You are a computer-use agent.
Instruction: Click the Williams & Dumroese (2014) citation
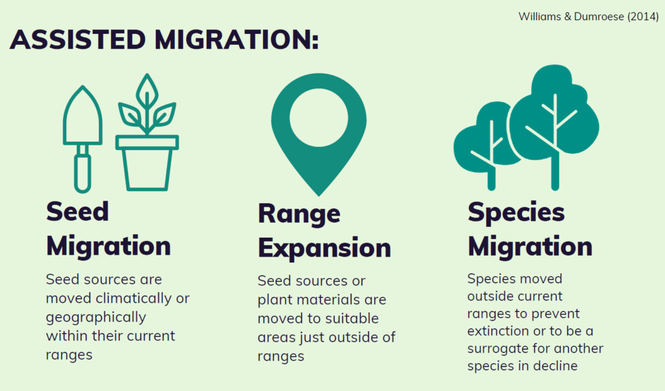pyautogui.click(x=588, y=16)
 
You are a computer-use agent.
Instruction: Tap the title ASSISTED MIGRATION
pyautogui.click(x=164, y=40)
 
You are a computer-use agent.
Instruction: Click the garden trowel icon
pyautogui.click(x=82, y=139)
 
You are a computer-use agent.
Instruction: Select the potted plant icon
pyautogui.click(x=147, y=132)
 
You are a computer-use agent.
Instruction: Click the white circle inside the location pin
pyautogui.click(x=319, y=118)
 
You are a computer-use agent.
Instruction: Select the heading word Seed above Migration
pyautogui.click(x=78, y=211)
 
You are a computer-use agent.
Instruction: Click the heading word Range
pyautogui.click(x=299, y=214)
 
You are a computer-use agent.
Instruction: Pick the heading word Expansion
pyautogui.click(x=325, y=247)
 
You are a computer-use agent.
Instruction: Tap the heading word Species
pyautogui.click(x=516, y=212)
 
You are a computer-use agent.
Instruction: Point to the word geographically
pyautogui.click(x=96, y=318)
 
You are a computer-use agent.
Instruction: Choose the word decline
pyautogui.click(x=555, y=366)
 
